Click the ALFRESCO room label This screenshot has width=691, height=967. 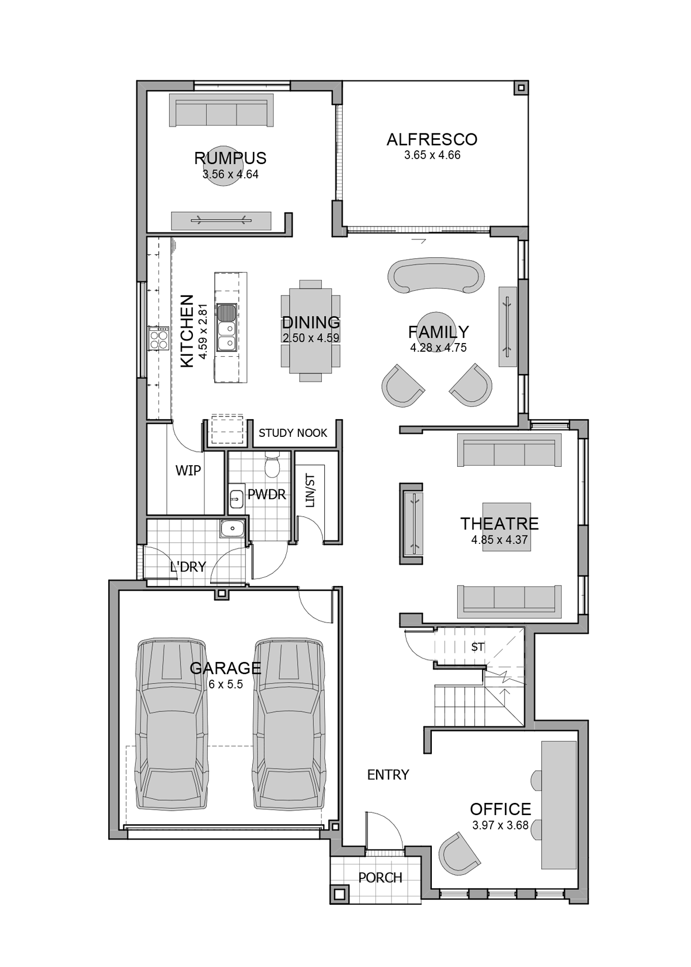431,139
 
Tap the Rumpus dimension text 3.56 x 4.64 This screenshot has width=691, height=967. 230,174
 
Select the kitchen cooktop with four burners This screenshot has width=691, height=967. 158,338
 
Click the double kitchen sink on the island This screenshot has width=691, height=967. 227,327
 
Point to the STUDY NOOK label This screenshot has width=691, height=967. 293,433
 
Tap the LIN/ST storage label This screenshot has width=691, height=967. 310,490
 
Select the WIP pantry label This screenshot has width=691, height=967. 188,471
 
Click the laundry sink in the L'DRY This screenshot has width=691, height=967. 233,528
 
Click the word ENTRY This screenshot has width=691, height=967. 388,775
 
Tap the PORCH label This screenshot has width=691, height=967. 380,878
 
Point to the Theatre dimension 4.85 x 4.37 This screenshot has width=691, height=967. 499,540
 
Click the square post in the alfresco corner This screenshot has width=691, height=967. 521,88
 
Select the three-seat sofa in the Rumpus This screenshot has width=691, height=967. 222,111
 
